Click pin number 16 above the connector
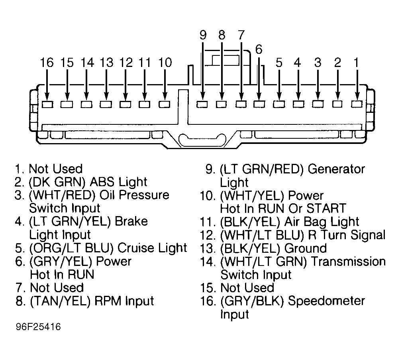[x=47, y=63]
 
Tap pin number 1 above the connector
[x=357, y=63]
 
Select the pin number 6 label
[x=259, y=49]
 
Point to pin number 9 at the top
[x=203, y=35]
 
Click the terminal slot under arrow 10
[x=165, y=104]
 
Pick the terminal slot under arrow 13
[x=106, y=104]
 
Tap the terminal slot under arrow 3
[x=318, y=104]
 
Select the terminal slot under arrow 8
[x=222, y=104]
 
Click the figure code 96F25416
[x=38, y=327]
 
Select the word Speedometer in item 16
[x=326, y=301]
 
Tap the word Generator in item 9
[x=336, y=169]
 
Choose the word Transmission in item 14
[x=349, y=262]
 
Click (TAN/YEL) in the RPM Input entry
[x=60, y=301]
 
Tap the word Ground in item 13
[x=305, y=248]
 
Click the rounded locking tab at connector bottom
[x=202, y=140]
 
